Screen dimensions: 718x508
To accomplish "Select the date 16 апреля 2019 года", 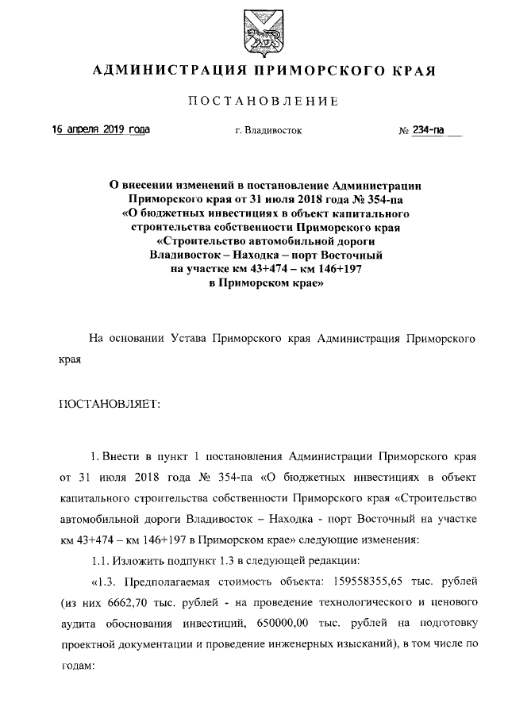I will [101, 129].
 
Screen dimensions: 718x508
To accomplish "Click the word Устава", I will [189, 339].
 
